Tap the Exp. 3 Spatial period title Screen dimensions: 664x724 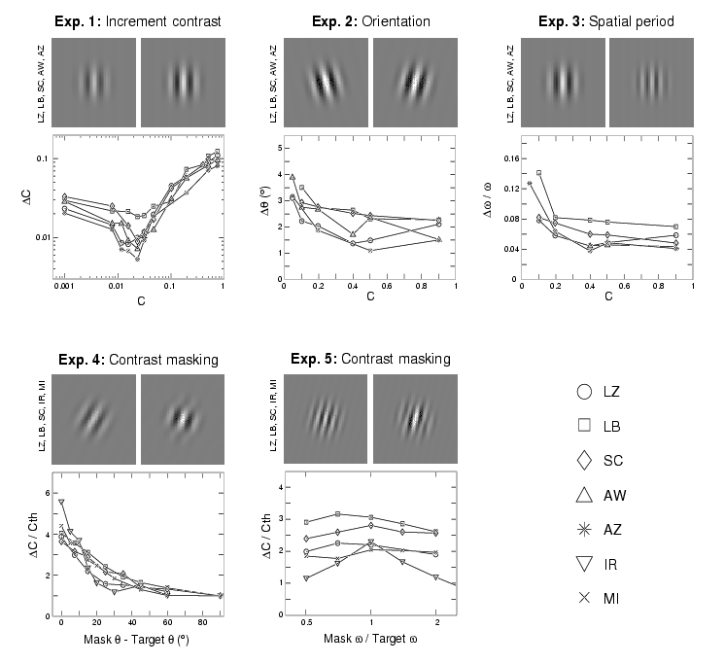[x=604, y=21]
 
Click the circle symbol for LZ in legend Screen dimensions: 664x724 [x=585, y=392]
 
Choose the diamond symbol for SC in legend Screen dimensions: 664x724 [x=585, y=461]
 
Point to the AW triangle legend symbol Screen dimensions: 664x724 [x=585, y=495]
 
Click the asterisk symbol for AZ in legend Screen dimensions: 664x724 [x=585, y=529]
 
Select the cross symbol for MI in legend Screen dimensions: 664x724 [x=585, y=598]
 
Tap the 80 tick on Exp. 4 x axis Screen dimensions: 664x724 [x=202, y=628]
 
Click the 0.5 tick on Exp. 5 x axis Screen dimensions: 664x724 [x=307, y=628]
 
